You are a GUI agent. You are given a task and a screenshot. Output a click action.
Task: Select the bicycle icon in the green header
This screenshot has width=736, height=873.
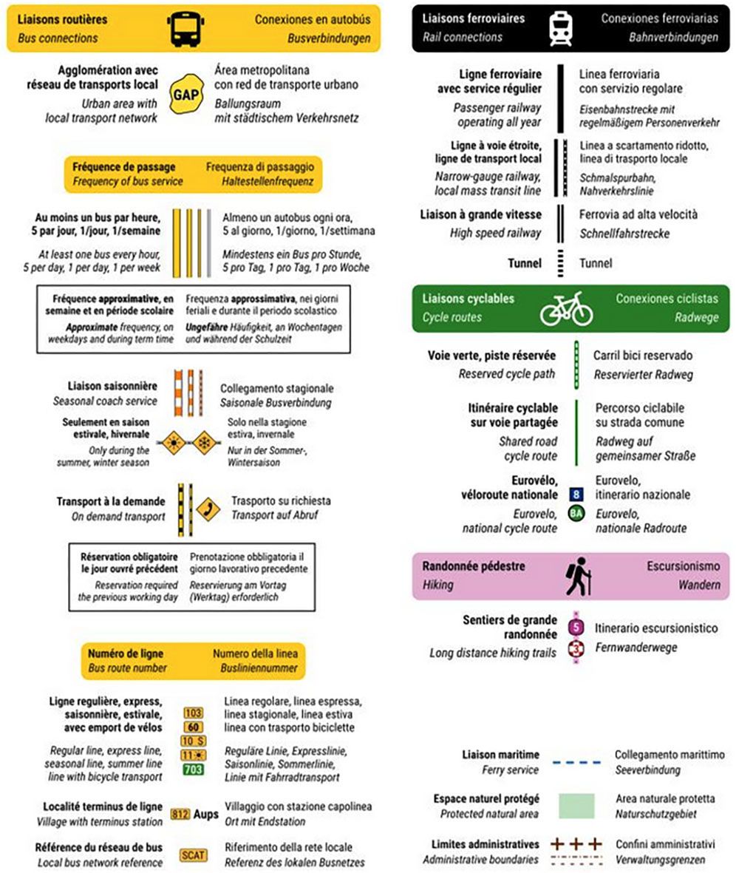click(566, 308)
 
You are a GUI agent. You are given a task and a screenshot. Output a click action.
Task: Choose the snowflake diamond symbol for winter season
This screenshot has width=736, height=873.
click(202, 444)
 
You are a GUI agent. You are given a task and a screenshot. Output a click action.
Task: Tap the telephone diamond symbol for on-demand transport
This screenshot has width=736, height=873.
click(208, 509)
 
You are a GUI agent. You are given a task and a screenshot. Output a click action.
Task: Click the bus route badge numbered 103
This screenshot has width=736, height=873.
click(193, 713)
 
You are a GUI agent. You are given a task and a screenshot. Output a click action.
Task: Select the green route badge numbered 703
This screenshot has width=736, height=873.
click(193, 770)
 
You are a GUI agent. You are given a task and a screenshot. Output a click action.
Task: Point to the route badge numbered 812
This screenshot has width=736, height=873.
click(180, 814)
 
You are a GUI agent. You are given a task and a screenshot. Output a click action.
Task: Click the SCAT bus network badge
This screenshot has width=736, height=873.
click(193, 855)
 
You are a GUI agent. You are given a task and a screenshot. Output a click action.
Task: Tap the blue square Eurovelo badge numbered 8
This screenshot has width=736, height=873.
click(576, 494)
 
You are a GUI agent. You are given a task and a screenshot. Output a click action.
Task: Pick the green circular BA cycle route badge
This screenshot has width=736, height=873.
click(576, 513)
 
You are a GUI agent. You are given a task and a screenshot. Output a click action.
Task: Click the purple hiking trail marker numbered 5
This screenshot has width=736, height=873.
click(576, 628)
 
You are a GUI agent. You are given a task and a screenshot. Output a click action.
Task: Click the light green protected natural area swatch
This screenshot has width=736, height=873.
click(576, 806)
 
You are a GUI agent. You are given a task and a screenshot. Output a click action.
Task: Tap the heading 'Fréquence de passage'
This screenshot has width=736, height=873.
click(123, 167)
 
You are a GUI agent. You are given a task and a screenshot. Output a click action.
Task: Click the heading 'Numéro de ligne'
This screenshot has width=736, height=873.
click(126, 653)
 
